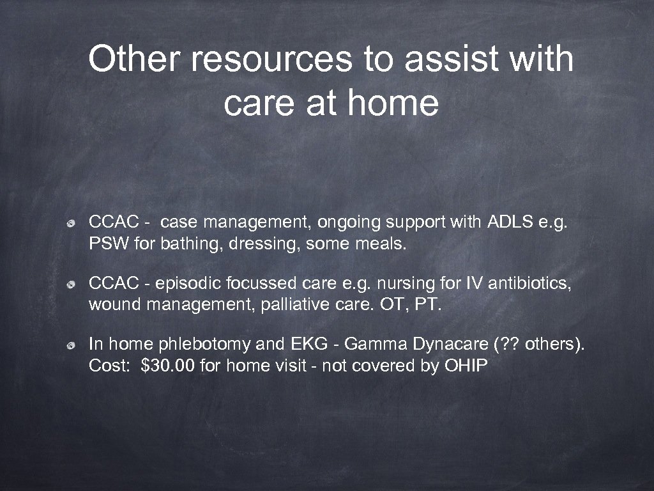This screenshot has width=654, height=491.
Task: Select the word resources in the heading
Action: coord(271,59)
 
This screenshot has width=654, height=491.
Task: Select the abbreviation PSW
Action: coord(105,244)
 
